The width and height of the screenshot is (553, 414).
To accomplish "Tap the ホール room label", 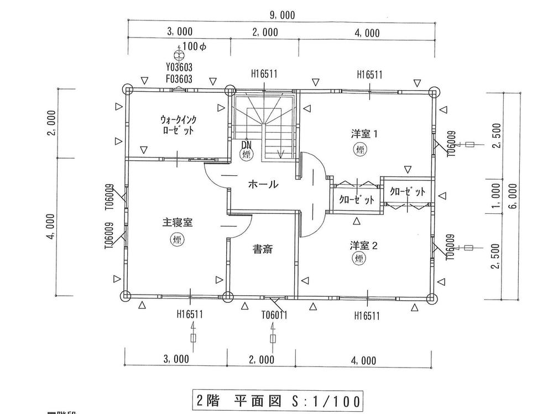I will (x=263, y=185).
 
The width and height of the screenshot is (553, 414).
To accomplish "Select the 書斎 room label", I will (x=262, y=249).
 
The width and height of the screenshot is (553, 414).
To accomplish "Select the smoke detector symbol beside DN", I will (x=247, y=155).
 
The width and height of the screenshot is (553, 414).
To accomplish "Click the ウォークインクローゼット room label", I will (x=178, y=125).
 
